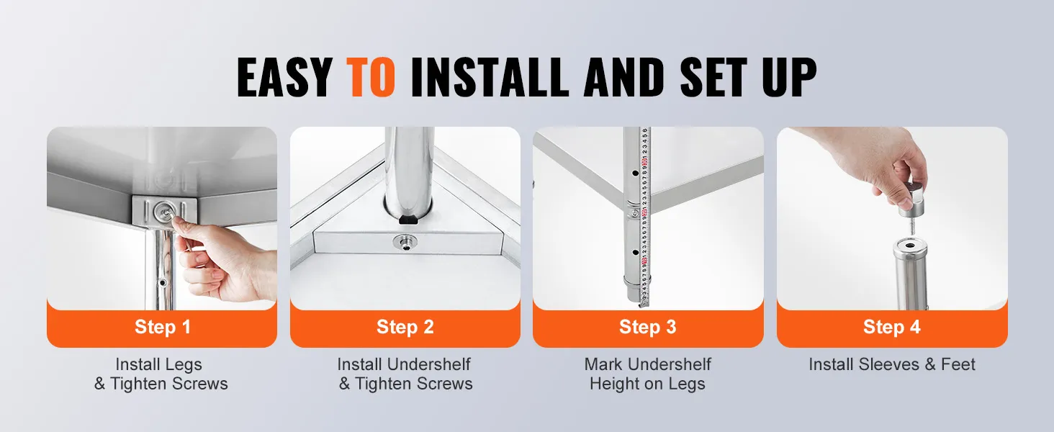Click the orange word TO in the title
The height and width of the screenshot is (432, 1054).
pyautogui.click(x=370, y=77)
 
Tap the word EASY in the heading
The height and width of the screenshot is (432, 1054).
pyautogui.click(x=284, y=77)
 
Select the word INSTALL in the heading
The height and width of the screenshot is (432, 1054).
pyautogui.click(x=490, y=77)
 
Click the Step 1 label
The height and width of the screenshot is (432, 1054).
pyautogui.click(x=162, y=327)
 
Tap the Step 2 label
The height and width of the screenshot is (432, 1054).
pyautogui.click(x=405, y=327)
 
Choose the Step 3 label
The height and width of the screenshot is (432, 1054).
pyautogui.click(x=647, y=327)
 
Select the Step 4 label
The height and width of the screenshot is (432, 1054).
pyautogui.click(x=892, y=327)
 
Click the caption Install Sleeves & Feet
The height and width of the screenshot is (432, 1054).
pyautogui.click(x=892, y=364)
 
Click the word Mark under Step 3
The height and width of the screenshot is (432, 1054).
pyautogui.click(x=603, y=364)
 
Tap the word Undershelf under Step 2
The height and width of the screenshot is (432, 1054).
pyautogui.click(x=428, y=364)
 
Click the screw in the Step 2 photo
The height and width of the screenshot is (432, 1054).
pyautogui.click(x=405, y=243)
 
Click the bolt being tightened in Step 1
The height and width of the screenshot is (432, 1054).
pyautogui.click(x=165, y=210)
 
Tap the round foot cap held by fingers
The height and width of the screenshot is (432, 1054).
pyautogui.click(x=912, y=201)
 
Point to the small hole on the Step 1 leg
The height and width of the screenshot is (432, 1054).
pyautogui.click(x=162, y=283)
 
